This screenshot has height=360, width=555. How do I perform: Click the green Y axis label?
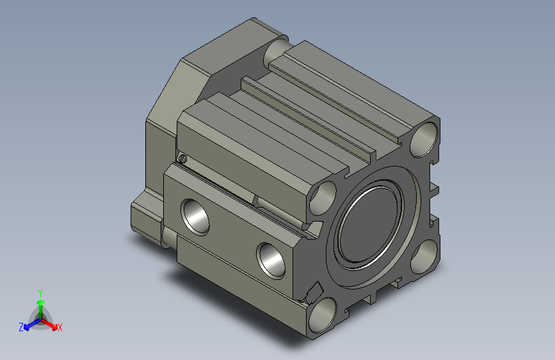(40, 293)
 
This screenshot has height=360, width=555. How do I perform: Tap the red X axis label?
(60, 327)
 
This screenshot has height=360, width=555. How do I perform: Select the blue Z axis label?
(21, 327)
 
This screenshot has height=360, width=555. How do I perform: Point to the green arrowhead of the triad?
(41, 303)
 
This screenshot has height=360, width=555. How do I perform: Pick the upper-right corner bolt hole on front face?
(424, 140)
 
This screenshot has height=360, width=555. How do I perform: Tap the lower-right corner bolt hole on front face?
(424, 256)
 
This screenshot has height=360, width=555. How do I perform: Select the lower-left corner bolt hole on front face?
(323, 315)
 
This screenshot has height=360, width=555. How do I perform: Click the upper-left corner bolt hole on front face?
(323, 197)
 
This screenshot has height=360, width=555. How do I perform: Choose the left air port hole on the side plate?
(195, 217)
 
